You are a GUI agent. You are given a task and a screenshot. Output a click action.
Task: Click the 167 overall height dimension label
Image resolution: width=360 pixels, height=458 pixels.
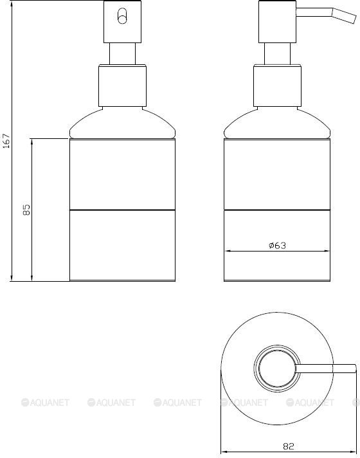[6, 140]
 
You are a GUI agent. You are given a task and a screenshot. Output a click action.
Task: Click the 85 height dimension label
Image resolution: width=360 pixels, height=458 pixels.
[26, 210]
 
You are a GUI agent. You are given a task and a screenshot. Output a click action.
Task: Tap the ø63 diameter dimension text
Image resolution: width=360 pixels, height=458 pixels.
[277, 245]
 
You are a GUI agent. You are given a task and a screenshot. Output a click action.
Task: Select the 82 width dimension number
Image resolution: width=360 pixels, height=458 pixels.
[289, 446]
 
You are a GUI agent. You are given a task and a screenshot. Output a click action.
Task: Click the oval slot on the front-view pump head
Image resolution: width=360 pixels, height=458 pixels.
[122, 16]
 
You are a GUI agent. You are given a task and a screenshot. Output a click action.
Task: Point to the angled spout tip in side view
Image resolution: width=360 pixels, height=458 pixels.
[355, 19]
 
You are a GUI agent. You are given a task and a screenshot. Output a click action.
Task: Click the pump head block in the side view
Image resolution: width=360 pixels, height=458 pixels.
[277, 22]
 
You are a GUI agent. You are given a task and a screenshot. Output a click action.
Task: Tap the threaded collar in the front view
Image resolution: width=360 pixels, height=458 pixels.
[122, 86]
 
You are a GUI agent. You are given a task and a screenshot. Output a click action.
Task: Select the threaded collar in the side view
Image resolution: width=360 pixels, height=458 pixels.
[277, 86]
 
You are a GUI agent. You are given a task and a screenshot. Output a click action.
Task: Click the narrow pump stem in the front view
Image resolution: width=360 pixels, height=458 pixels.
[122, 54]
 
